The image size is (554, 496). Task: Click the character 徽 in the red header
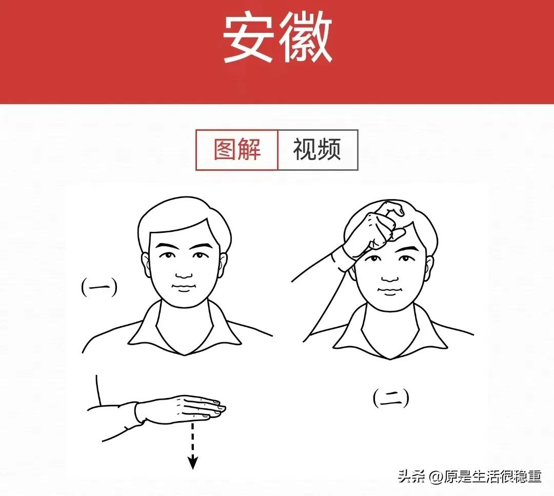coord(306,39)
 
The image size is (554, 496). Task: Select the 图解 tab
coord(237,150)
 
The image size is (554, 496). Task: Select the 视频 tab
coord(317,150)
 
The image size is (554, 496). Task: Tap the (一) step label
coord(99,287)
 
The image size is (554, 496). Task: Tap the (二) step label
coord(391,398)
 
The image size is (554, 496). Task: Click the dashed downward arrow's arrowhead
coord(192,463)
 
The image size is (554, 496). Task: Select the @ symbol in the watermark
coord(437,477)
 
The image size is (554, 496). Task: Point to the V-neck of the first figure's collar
coord(181,349)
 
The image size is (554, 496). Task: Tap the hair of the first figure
coord(180,218)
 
